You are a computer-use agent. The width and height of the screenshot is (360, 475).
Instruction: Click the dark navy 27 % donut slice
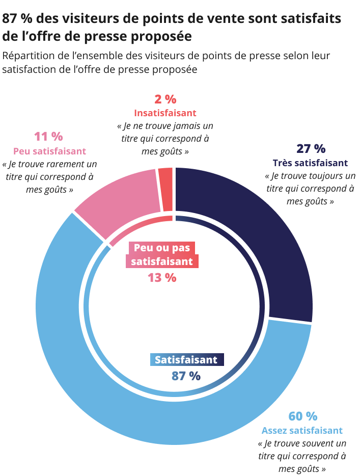255,229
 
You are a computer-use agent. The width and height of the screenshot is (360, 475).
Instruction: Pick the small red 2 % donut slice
165,189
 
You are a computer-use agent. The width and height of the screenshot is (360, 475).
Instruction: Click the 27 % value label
310,149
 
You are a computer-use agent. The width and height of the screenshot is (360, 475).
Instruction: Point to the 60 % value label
302,416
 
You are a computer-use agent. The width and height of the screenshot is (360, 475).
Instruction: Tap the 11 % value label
48,137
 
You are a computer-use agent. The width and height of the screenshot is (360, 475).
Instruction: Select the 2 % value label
165,99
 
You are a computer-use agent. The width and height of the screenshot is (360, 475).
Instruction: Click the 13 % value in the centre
162,278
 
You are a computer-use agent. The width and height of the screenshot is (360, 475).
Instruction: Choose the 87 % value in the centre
186,376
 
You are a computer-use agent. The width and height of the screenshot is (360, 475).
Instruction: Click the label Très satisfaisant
310,163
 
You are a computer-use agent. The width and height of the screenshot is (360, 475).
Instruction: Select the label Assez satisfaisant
302,430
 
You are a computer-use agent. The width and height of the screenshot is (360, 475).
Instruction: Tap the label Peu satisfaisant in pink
49,151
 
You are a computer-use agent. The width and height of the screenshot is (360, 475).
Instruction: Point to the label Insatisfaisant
165,113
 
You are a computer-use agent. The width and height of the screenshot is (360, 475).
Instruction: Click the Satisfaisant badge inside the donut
186,360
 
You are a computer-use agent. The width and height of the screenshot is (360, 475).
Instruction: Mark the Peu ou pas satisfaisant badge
162,254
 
